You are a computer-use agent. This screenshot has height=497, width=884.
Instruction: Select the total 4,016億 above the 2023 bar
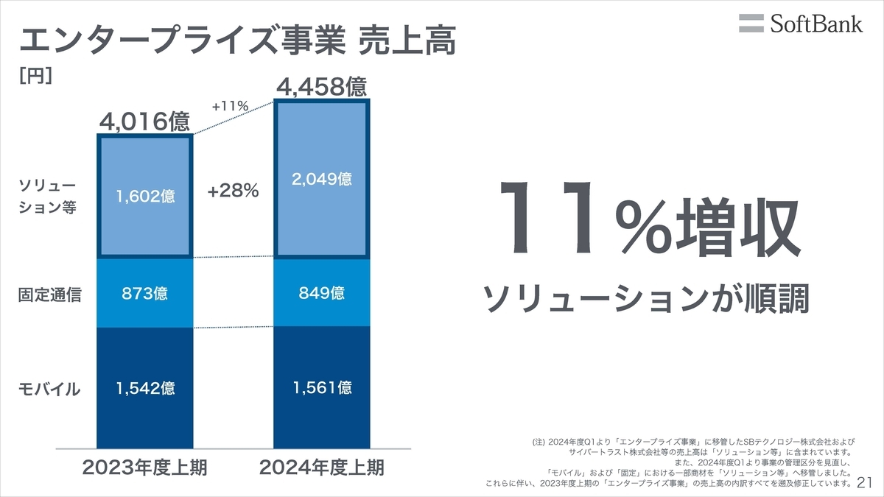point(145,121)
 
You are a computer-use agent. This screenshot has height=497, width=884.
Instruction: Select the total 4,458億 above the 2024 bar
point(321,87)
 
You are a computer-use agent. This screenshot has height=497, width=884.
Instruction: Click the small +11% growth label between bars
point(230,106)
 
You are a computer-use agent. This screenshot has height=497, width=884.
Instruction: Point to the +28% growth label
point(233,191)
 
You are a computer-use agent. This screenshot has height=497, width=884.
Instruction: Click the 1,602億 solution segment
point(145,197)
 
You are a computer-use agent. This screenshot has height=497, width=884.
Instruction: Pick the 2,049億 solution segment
point(321,179)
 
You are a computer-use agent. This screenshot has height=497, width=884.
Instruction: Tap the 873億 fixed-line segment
point(145,294)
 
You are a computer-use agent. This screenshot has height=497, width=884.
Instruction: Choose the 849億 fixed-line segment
point(321,293)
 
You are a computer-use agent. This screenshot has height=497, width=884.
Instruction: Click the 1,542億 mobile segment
point(145,388)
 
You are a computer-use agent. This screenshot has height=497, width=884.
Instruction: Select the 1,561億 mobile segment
point(321,387)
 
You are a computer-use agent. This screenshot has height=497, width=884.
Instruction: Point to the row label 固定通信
point(49,295)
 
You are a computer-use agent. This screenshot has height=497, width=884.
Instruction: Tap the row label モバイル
point(49,390)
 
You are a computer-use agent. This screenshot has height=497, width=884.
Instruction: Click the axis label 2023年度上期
point(145,467)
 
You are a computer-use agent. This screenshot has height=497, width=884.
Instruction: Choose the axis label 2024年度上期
point(321,467)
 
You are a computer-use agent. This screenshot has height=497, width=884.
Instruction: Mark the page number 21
point(865,483)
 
